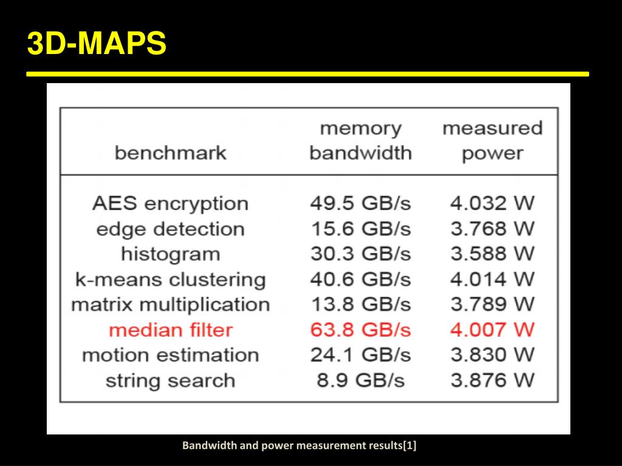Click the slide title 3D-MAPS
[97, 44]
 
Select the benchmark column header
[170, 153]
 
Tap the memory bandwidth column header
[360, 141]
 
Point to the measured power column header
[492, 141]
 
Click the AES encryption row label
[170, 203]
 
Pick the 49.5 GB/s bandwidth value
[360, 203]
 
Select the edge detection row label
[170, 229]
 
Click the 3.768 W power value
[492, 229]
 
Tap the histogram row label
[170, 254]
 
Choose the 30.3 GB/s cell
[360, 254]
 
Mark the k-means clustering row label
[170, 280]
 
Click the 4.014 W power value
[492, 279]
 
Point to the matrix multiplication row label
[170, 304]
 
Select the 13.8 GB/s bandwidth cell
[360, 304]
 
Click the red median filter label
[170, 330]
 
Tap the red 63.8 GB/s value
[360, 329]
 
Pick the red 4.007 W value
[492, 329]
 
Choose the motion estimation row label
[170, 355]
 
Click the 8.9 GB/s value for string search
[360, 380]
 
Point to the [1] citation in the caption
[410, 446]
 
